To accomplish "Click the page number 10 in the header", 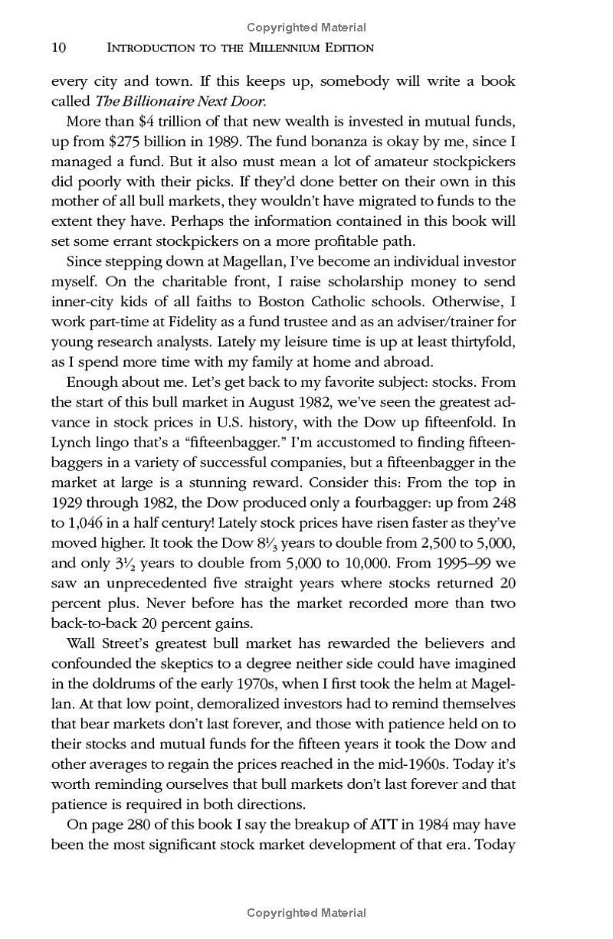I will coord(59,47).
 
